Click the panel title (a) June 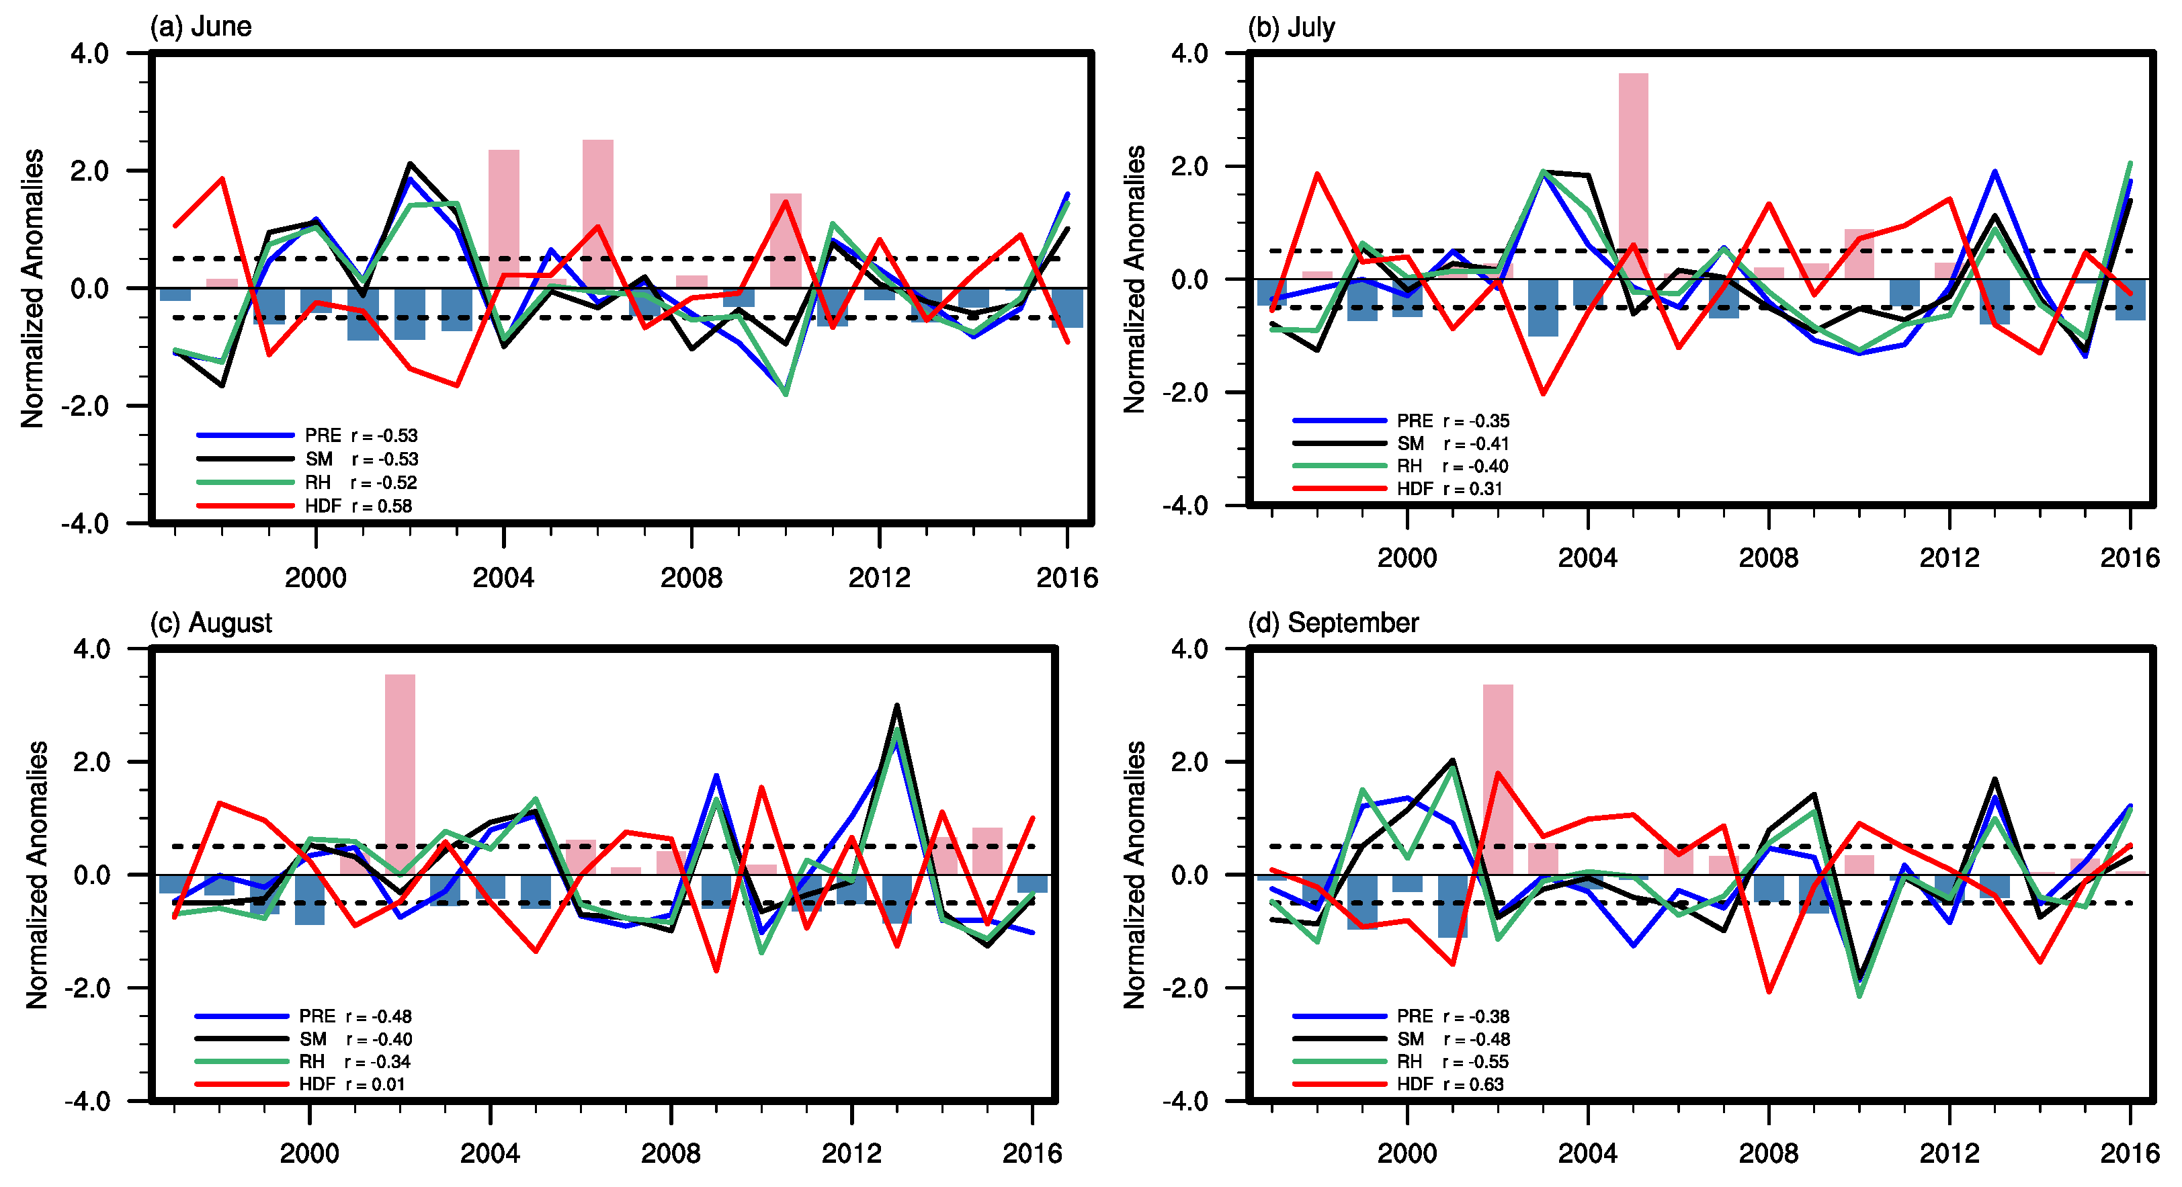[201, 26]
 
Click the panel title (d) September [1333, 623]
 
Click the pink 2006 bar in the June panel [597, 214]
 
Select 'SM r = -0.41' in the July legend [1453, 443]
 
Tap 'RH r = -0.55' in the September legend [1453, 1061]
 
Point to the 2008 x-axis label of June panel [691, 578]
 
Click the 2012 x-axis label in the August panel [851, 1153]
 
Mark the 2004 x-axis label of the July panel [1587, 558]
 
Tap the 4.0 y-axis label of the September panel [1189, 650]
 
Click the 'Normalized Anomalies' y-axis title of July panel [1134, 279]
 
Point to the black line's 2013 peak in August [897, 706]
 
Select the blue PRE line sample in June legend [246, 435]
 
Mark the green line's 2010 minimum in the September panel [1859, 996]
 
